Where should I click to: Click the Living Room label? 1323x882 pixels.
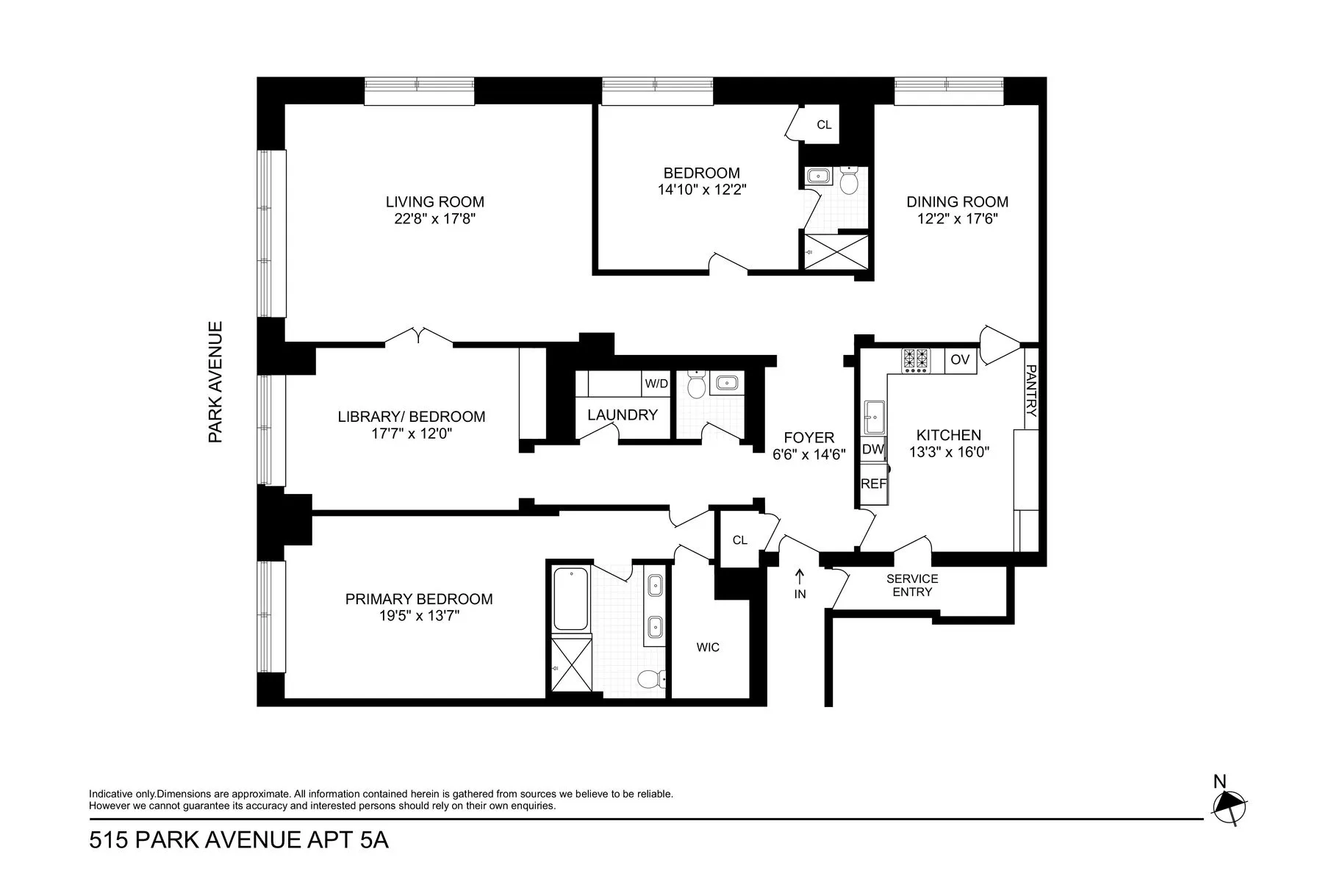(x=434, y=201)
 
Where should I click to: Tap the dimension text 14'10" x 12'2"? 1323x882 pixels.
(x=702, y=190)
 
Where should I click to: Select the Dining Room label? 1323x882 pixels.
(x=957, y=201)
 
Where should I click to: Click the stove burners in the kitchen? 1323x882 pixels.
(x=916, y=360)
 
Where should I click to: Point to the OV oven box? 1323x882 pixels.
(x=960, y=360)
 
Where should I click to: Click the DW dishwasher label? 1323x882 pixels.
(x=872, y=449)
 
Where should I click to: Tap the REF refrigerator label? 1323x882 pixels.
(x=873, y=484)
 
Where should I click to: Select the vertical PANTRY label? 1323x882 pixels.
(x=1030, y=391)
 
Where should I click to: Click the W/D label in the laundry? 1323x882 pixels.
(x=656, y=384)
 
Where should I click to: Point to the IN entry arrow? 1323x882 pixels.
(x=800, y=578)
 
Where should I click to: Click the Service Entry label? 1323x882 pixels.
(x=912, y=585)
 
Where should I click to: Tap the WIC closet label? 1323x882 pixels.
(x=708, y=647)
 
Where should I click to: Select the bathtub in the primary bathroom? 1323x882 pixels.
(x=570, y=598)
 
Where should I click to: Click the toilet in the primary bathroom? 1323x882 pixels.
(x=650, y=680)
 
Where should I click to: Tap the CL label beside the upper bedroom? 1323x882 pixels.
(x=824, y=125)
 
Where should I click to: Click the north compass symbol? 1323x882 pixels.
(x=1228, y=809)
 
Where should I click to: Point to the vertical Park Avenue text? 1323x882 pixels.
(x=215, y=381)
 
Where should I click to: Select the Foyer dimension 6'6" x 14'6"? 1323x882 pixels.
(x=808, y=454)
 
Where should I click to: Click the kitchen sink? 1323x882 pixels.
(x=874, y=419)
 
